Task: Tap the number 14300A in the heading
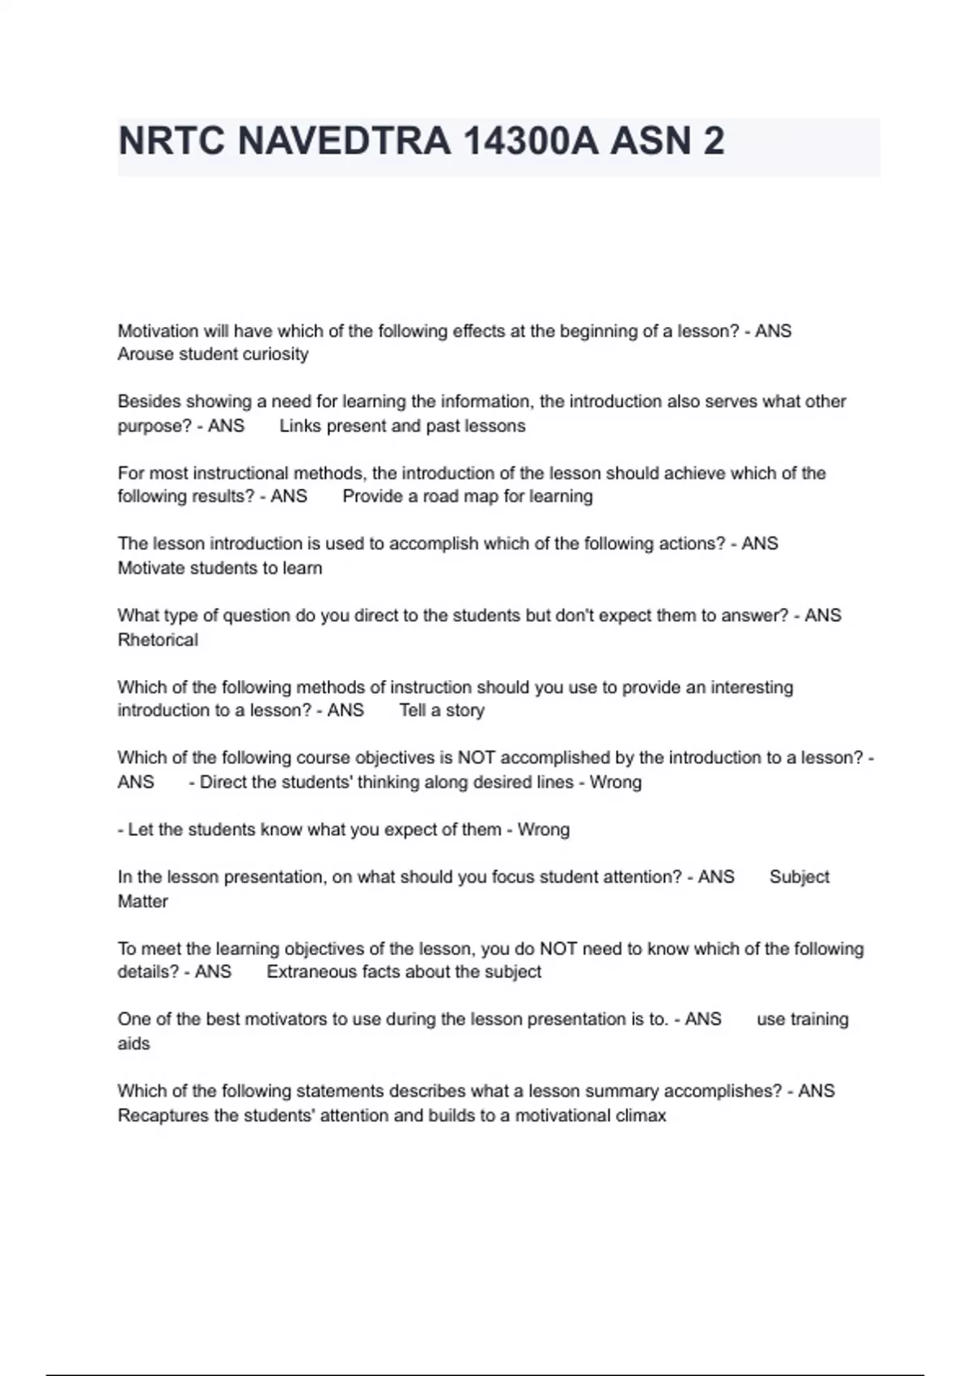[531, 142]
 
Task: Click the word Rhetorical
[158, 640]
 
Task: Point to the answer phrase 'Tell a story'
[442, 711]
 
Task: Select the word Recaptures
[163, 1116]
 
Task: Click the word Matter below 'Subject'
[142, 902]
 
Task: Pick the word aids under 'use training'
[134, 1044]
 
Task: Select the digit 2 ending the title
[714, 142]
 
